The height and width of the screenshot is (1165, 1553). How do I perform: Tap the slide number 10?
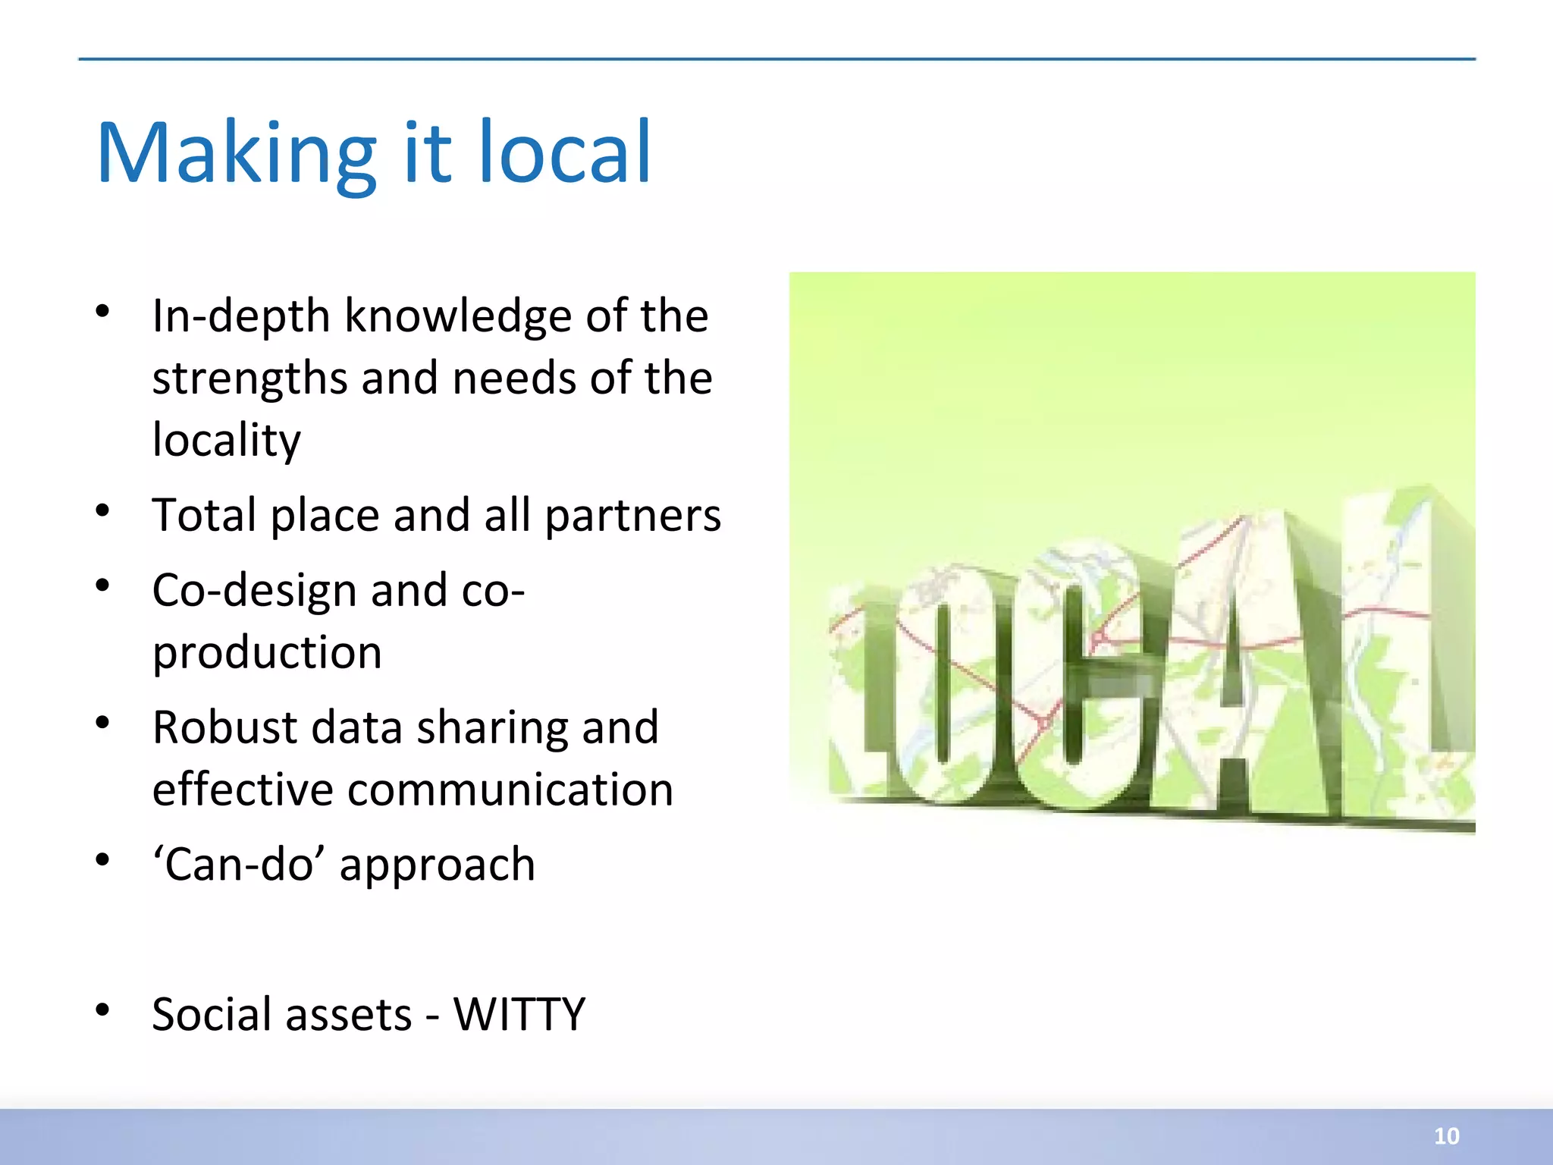pos(1446,1135)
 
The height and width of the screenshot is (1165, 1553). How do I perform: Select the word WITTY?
pos(519,1014)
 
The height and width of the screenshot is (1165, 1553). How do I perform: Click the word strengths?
pos(250,378)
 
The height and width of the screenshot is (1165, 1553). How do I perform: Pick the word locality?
pos(226,441)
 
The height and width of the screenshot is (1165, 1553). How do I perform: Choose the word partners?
pos(632,516)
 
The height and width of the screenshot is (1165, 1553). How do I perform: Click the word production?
pos(267,652)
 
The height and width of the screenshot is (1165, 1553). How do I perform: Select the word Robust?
pos(224,727)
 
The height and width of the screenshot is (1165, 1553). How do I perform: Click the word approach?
pos(437,865)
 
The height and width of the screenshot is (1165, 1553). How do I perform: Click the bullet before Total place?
pos(103,510)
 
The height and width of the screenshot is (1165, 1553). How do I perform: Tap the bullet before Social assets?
pos(103,1010)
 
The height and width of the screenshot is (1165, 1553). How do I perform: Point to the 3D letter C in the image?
pos(1092,675)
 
